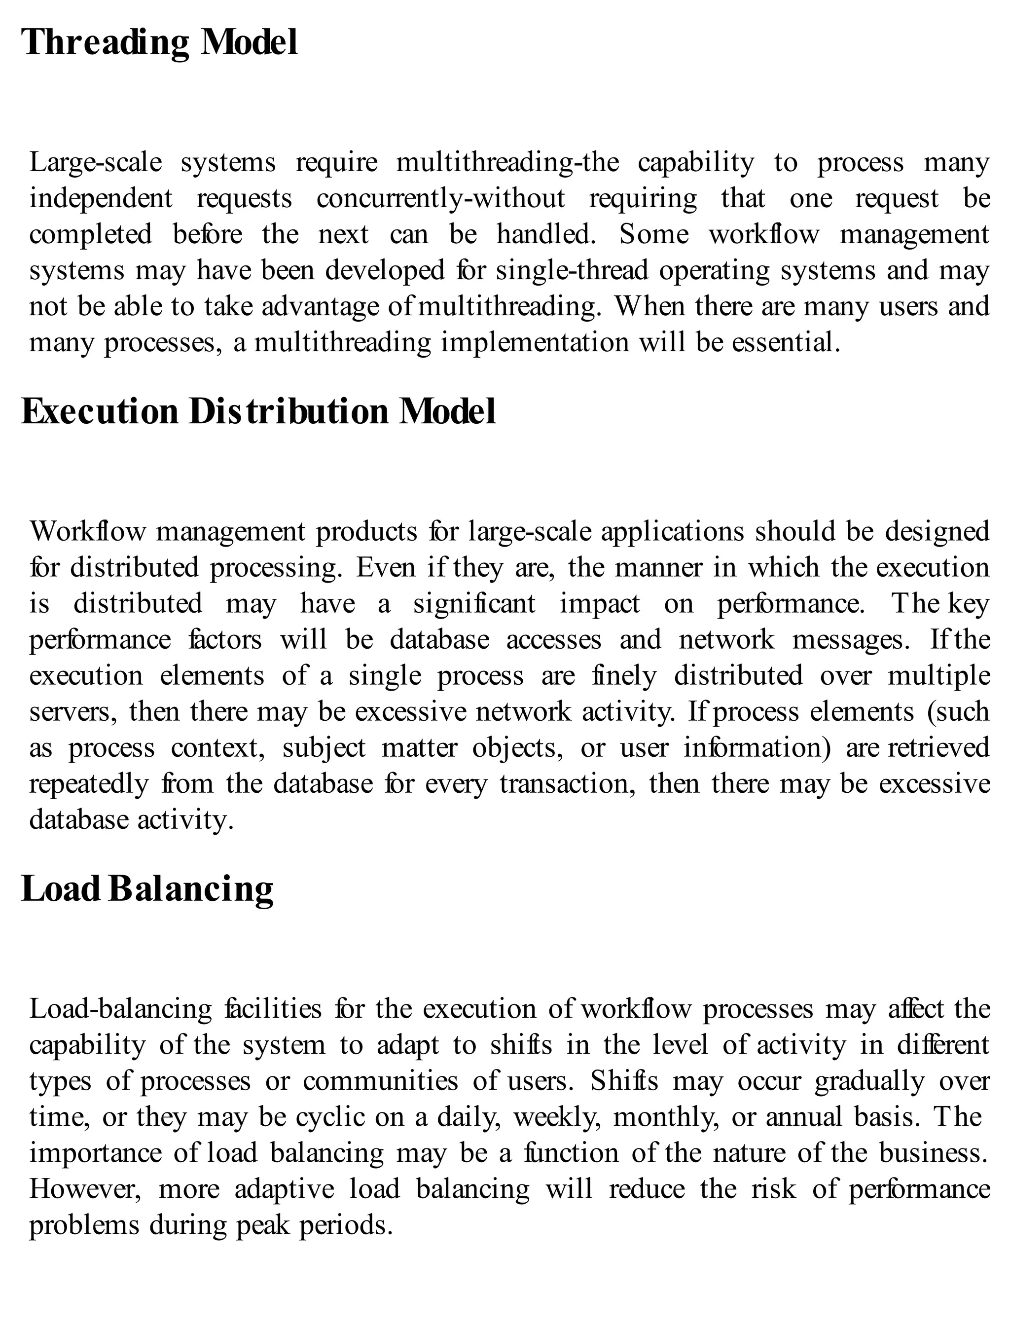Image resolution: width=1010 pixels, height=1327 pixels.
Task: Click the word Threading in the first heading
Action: (x=105, y=43)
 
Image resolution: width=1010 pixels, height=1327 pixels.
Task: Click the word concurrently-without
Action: (x=441, y=198)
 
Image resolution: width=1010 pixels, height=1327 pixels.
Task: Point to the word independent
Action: (x=101, y=198)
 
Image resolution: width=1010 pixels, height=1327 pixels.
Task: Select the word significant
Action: (x=474, y=604)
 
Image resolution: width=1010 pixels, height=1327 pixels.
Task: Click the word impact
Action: (x=600, y=604)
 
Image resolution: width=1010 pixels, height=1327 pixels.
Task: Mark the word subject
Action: (x=324, y=748)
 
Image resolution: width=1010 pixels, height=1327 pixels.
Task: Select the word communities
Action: (x=381, y=1081)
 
